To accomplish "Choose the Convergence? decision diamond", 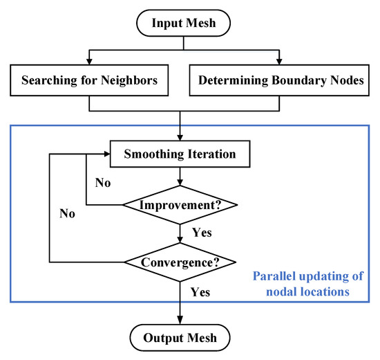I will pyautogui.click(x=180, y=262).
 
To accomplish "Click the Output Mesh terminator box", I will pyautogui.click(x=180, y=338).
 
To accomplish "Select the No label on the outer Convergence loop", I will pyautogui.click(x=67, y=214).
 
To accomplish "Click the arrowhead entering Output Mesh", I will pyautogui.click(x=180, y=321).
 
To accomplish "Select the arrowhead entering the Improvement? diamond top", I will pyautogui.click(x=180, y=186).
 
